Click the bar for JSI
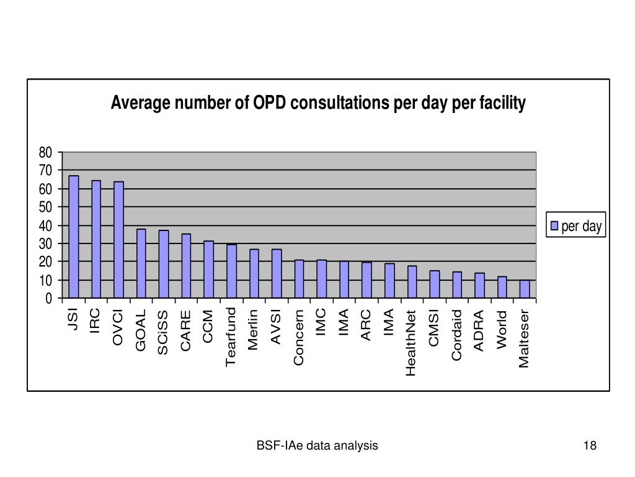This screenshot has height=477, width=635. pos(74,237)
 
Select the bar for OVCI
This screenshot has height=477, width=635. pos(119,240)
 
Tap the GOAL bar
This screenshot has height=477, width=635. pos(141,264)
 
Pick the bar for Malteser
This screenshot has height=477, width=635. pos(525,289)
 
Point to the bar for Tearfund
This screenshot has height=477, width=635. pos(232,271)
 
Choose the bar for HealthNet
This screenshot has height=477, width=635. pos(412,282)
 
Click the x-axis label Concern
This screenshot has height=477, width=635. pos(299,337)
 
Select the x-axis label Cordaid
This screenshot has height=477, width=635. pos(457,334)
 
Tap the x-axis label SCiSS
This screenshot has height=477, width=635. pos(163,332)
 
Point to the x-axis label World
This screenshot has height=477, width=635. pos(502,329)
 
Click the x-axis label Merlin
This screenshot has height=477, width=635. pos(254,329)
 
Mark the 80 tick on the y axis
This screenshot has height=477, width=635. pos(45,153)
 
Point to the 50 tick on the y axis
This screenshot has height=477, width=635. pos(45,207)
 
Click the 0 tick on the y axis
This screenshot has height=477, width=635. pos(49,299)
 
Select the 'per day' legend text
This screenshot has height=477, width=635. pos(582,227)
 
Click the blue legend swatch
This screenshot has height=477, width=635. pos(555,227)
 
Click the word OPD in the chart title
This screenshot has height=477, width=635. pos(270,104)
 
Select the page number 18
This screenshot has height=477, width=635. pos(590,445)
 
